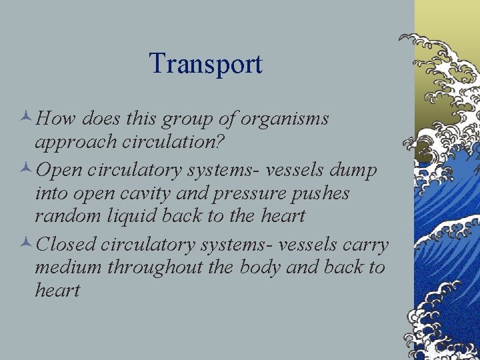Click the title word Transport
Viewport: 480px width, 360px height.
pos(205,64)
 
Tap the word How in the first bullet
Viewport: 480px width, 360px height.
pos(58,119)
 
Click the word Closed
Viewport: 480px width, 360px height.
pos(67,245)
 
